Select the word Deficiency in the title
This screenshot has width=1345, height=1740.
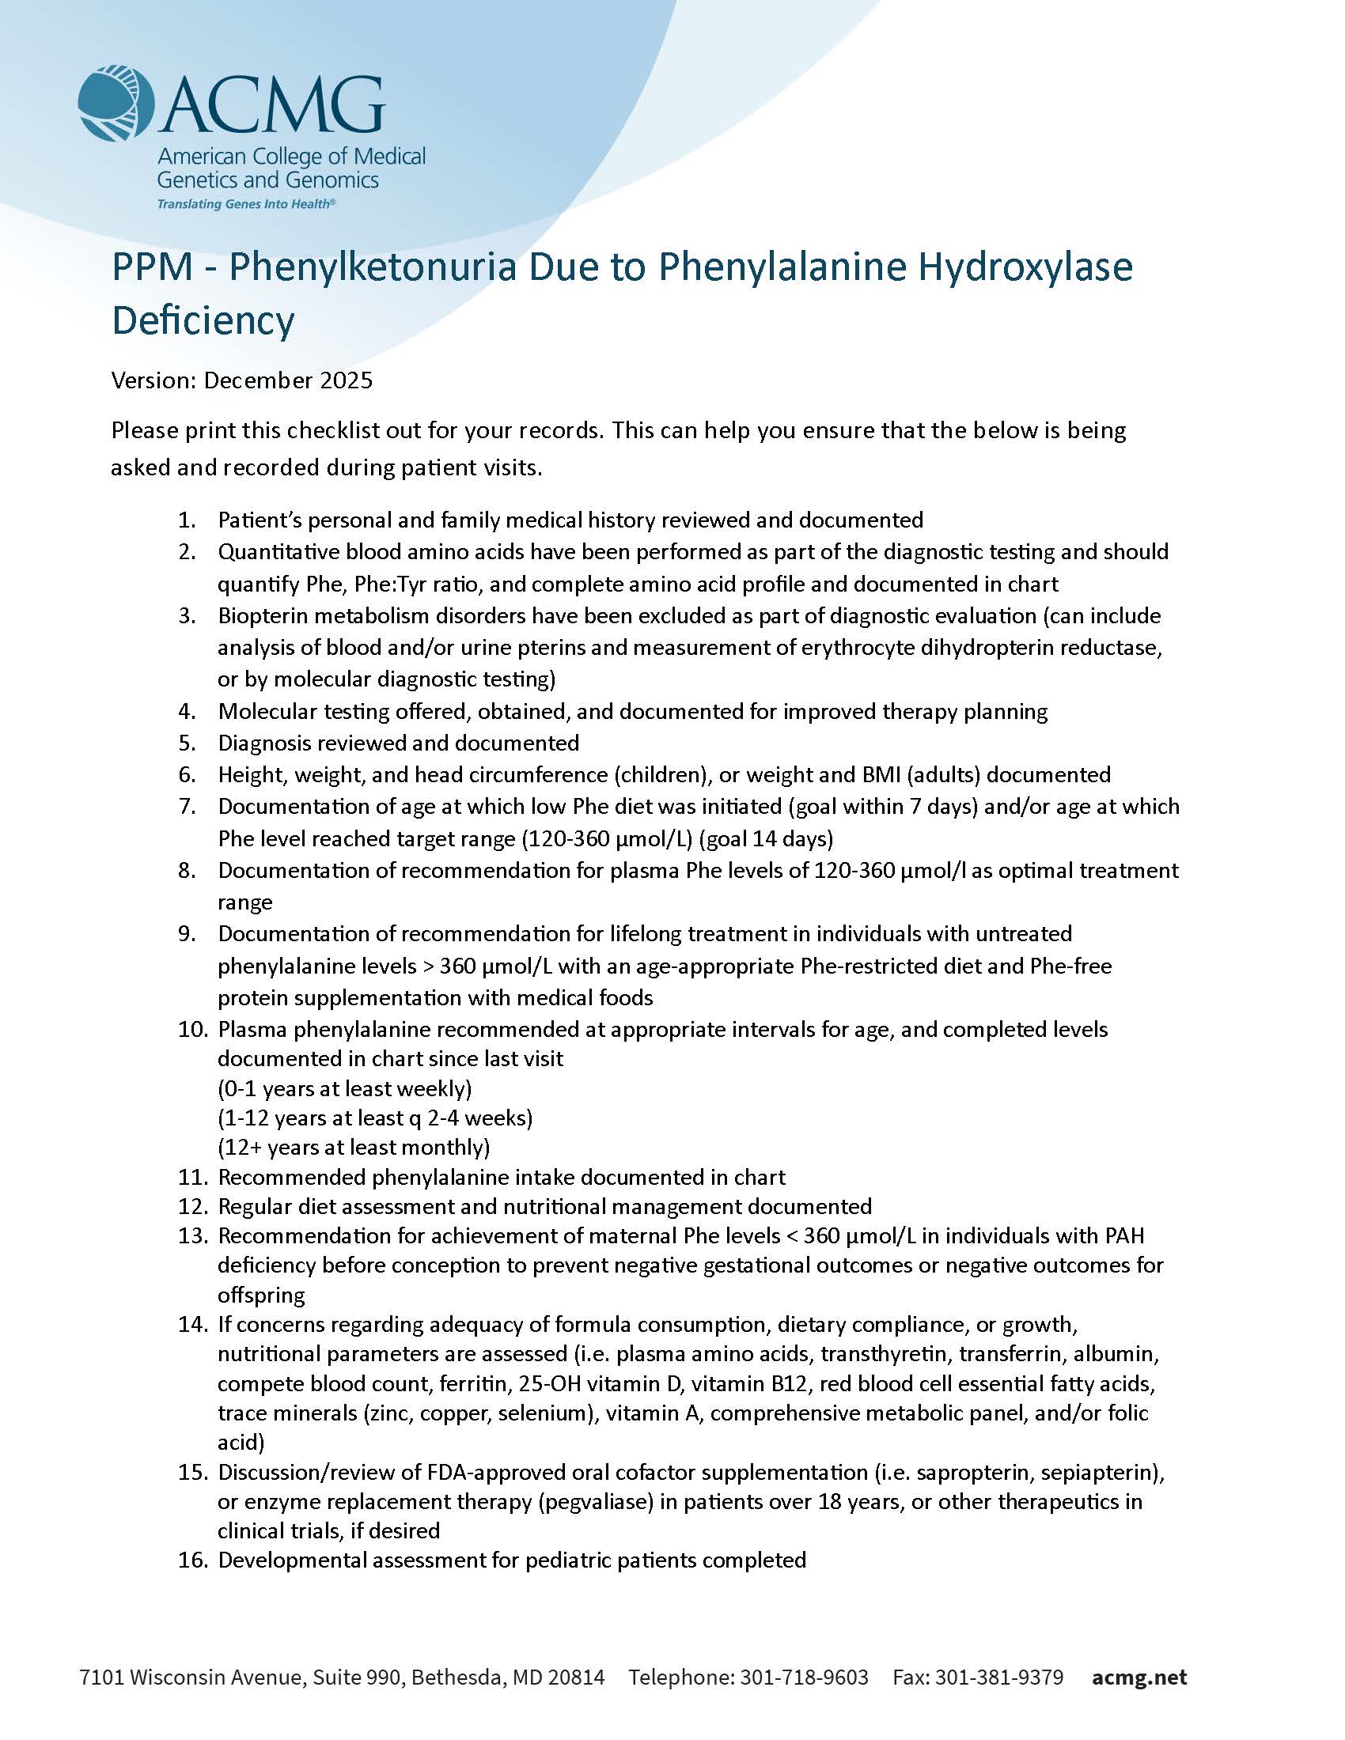point(203,320)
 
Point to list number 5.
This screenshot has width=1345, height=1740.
point(187,743)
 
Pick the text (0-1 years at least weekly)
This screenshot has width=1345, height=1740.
point(345,1088)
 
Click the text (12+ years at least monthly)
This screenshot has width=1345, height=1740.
point(354,1148)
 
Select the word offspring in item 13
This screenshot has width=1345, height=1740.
point(261,1295)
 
